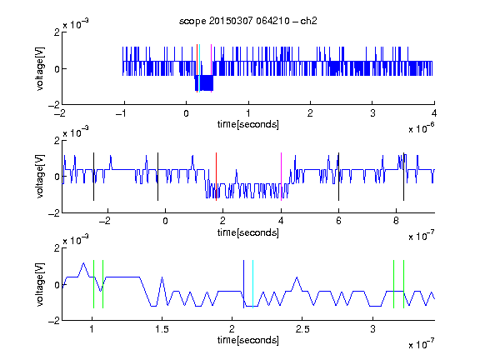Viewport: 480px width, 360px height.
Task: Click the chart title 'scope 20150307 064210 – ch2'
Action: point(248,21)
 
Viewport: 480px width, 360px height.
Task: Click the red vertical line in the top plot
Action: point(197,68)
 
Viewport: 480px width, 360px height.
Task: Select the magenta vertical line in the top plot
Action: point(211,68)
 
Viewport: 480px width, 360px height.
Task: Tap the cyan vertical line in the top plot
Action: point(200,68)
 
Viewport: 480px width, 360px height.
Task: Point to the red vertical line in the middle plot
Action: point(216,177)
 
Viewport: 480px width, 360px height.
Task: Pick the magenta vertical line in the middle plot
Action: point(281,177)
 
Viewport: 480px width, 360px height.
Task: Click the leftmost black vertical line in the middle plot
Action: point(93,177)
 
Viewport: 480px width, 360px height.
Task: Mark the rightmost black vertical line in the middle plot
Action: point(403,177)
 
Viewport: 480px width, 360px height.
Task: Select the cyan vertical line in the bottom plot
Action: point(252,284)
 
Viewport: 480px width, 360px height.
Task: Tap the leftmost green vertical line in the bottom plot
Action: point(93,284)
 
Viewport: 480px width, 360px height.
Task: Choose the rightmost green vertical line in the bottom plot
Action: point(403,284)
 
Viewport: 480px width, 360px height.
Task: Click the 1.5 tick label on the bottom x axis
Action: point(162,329)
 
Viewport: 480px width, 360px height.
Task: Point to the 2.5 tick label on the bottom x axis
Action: point(302,329)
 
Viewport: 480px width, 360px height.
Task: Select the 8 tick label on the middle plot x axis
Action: point(396,221)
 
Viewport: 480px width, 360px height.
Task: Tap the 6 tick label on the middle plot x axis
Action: point(338,221)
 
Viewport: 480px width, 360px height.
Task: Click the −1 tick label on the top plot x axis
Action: point(122,113)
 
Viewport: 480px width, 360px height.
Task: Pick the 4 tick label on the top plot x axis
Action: point(434,113)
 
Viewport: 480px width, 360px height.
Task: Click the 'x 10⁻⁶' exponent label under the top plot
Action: point(422,128)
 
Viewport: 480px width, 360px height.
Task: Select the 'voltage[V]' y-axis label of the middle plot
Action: point(40,177)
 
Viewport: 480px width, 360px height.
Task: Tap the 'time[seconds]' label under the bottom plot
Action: point(248,340)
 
